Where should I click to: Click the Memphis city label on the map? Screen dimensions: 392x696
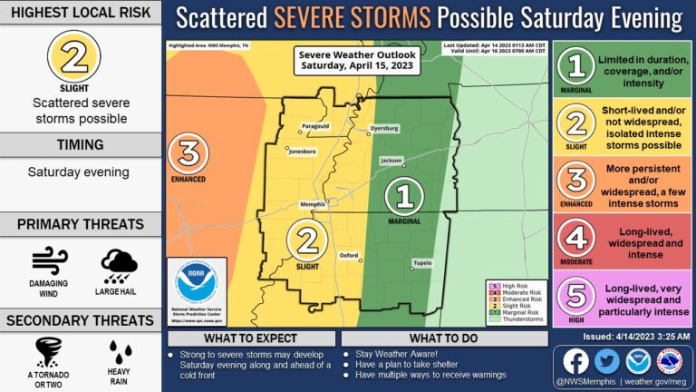coord(312,204)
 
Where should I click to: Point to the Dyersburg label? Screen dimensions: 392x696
coord(384,129)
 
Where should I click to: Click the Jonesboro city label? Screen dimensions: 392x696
coord(303,150)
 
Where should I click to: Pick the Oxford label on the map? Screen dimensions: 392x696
coord(350,256)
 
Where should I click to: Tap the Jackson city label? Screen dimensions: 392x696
coord(391,160)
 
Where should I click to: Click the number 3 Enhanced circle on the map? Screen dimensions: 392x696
coord(188,153)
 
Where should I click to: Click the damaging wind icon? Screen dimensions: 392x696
coord(50,260)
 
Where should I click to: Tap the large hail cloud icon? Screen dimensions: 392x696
coord(119,263)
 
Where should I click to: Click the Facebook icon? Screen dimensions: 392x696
coord(575,360)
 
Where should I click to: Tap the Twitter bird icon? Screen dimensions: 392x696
coord(606,360)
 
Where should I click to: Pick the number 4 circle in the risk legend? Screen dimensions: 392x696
coord(577,239)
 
